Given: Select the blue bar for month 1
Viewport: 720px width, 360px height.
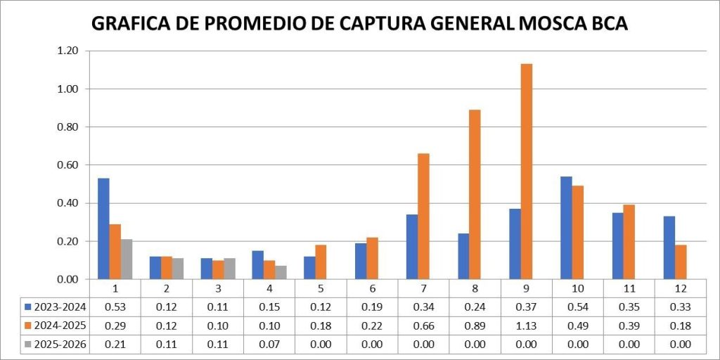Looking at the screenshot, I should [x=103, y=229].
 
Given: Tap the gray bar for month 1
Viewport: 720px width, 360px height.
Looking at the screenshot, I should [x=127, y=259].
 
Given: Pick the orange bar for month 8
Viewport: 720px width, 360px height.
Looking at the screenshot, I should [x=475, y=194].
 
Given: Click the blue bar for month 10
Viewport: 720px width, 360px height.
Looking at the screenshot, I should [x=567, y=228].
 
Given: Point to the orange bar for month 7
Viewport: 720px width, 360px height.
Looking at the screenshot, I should [x=423, y=216].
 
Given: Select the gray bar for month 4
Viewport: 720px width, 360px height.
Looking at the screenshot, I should [x=281, y=272].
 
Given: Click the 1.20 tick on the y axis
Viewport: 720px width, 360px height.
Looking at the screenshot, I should [x=68, y=51].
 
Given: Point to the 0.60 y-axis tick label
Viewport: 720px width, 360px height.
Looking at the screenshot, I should [x=68, y=165].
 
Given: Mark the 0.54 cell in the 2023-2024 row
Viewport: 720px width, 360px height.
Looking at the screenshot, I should [x=578, y=307].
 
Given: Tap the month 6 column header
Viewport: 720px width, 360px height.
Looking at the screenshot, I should [x=372, y=288].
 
